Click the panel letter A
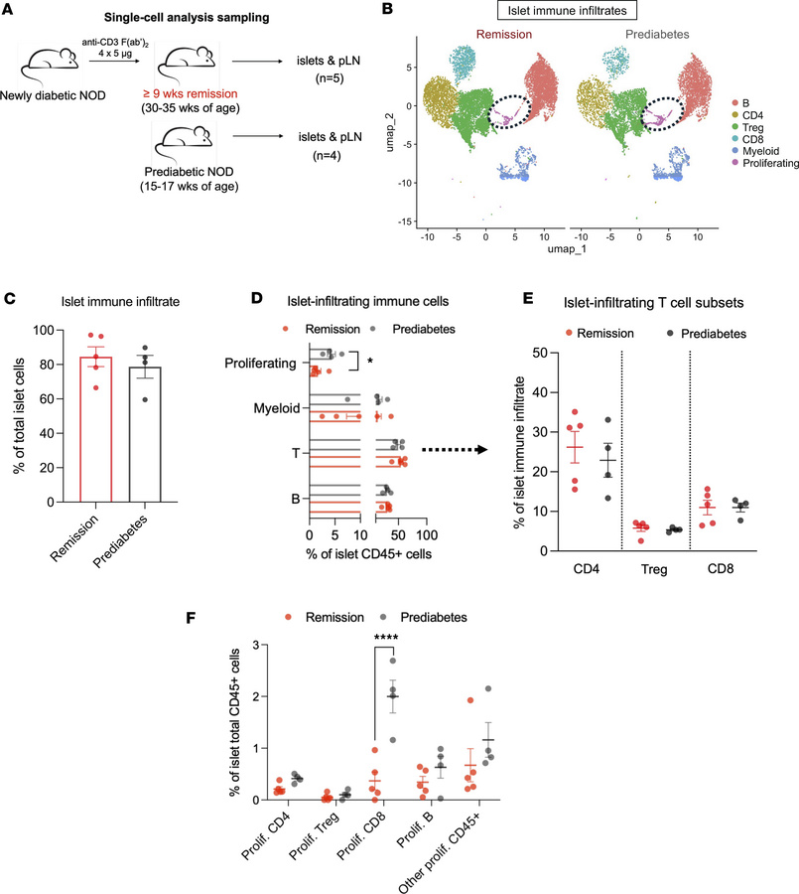pyautogui.click(x=13, y=11)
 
